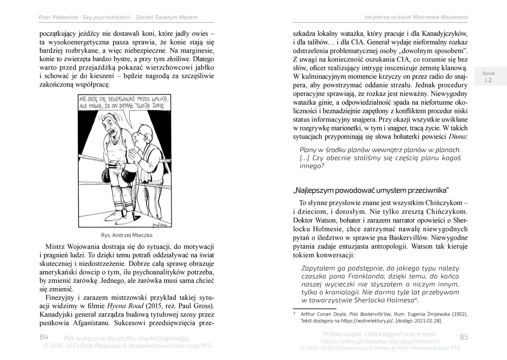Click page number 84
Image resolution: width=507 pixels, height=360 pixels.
[x=44, y=337]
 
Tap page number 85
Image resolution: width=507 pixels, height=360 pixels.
[x=463, y=337]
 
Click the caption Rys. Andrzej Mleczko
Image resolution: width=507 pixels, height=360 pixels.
[x=126, y=235]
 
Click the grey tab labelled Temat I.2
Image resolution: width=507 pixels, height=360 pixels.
[x=488, y=77]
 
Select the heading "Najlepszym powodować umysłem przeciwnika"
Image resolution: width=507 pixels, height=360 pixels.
[x=371, y=190]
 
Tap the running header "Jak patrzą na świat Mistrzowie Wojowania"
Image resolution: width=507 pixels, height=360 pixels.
[x=416, y=17]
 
